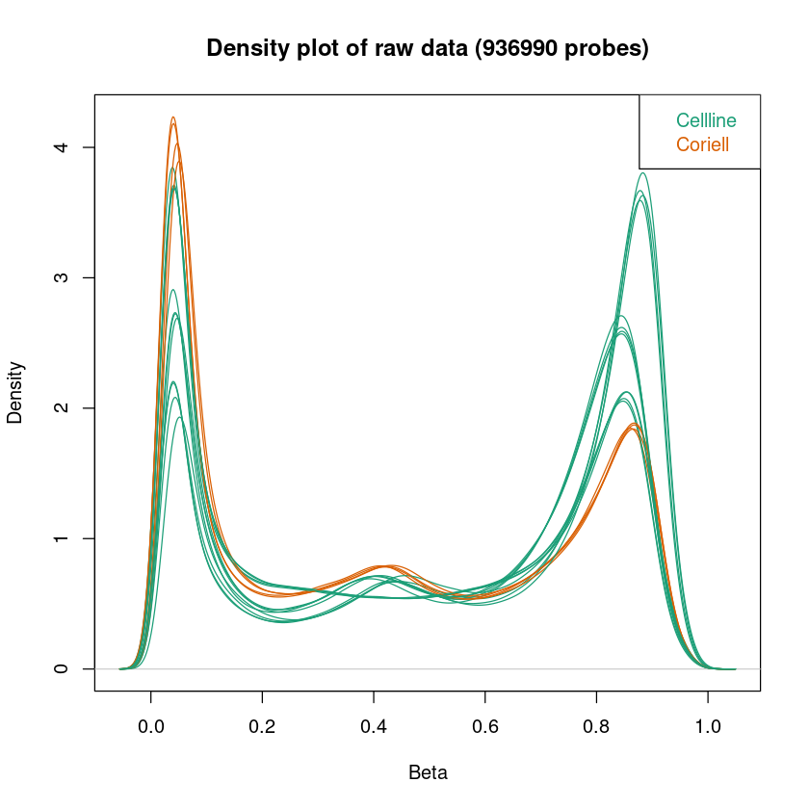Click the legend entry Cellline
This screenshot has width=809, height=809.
[706, 121]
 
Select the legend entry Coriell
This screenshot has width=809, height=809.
[703, 145]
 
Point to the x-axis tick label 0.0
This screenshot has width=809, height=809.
[151, 721]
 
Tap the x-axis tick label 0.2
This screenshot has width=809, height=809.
[262, 721]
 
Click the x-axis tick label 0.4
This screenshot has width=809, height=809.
[374, 721]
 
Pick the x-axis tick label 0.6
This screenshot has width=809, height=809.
[485, 721]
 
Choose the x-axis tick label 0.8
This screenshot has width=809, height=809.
[597, 721]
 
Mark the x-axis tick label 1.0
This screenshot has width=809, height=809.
[708, 721]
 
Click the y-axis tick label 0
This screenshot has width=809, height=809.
[63, 668]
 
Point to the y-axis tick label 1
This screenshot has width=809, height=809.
[63, 538]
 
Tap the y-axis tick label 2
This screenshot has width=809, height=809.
[63, 408]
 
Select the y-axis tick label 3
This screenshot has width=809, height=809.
[63, 277]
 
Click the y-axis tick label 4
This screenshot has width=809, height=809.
[63, 147]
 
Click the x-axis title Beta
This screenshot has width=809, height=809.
[428, 772]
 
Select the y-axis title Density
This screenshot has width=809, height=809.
[15, 392]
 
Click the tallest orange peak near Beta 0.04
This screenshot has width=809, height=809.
[173, 117]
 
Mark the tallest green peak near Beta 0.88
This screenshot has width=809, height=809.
[642, 173]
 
